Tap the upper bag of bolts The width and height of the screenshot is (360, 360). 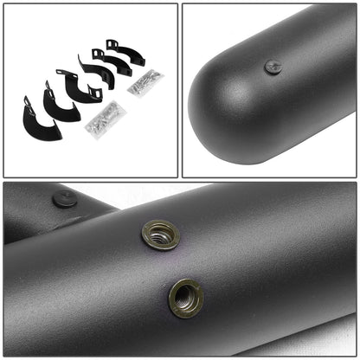pos(145,82)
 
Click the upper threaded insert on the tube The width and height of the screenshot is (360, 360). pos(161,234)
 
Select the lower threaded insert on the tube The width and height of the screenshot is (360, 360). pos(186,297)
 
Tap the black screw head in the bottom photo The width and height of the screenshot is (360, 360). pos(65,199)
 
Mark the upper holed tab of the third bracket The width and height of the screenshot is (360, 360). pos(61,74)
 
